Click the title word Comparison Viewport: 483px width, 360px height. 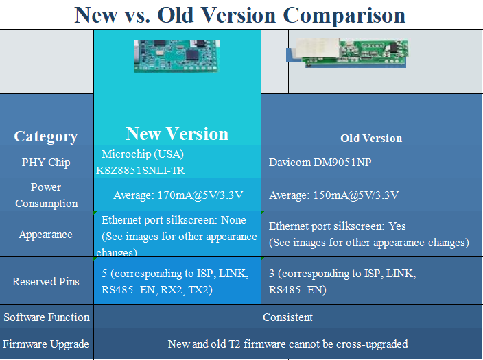tap(344, 15)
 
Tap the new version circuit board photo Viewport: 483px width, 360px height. tap(177, 56)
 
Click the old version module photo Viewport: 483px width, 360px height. tap(347, 53)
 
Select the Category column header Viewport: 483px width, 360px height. tap(45, 136)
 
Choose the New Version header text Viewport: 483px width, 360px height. tap(177, 134)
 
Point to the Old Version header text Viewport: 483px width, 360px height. tap(371, 139)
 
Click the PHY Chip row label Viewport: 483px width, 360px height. tap(46, 163)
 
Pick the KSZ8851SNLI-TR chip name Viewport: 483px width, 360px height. tap(141, 170)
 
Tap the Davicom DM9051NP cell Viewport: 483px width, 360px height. tap(320, 163)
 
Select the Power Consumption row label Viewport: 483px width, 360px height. tap(46, 195)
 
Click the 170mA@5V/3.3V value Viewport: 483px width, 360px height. tap(200, 195)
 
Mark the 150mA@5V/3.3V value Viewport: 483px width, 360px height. tap(356, 195)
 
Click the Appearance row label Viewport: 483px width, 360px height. tap(45, 235)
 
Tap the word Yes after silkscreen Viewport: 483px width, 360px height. tap(397, 226)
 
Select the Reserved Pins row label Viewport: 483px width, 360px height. tap(45, 281)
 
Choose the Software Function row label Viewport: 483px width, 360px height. tap(47, 317)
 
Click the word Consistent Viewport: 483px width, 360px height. tap(287, 317)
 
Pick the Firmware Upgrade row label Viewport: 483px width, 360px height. tap(46, 344)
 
